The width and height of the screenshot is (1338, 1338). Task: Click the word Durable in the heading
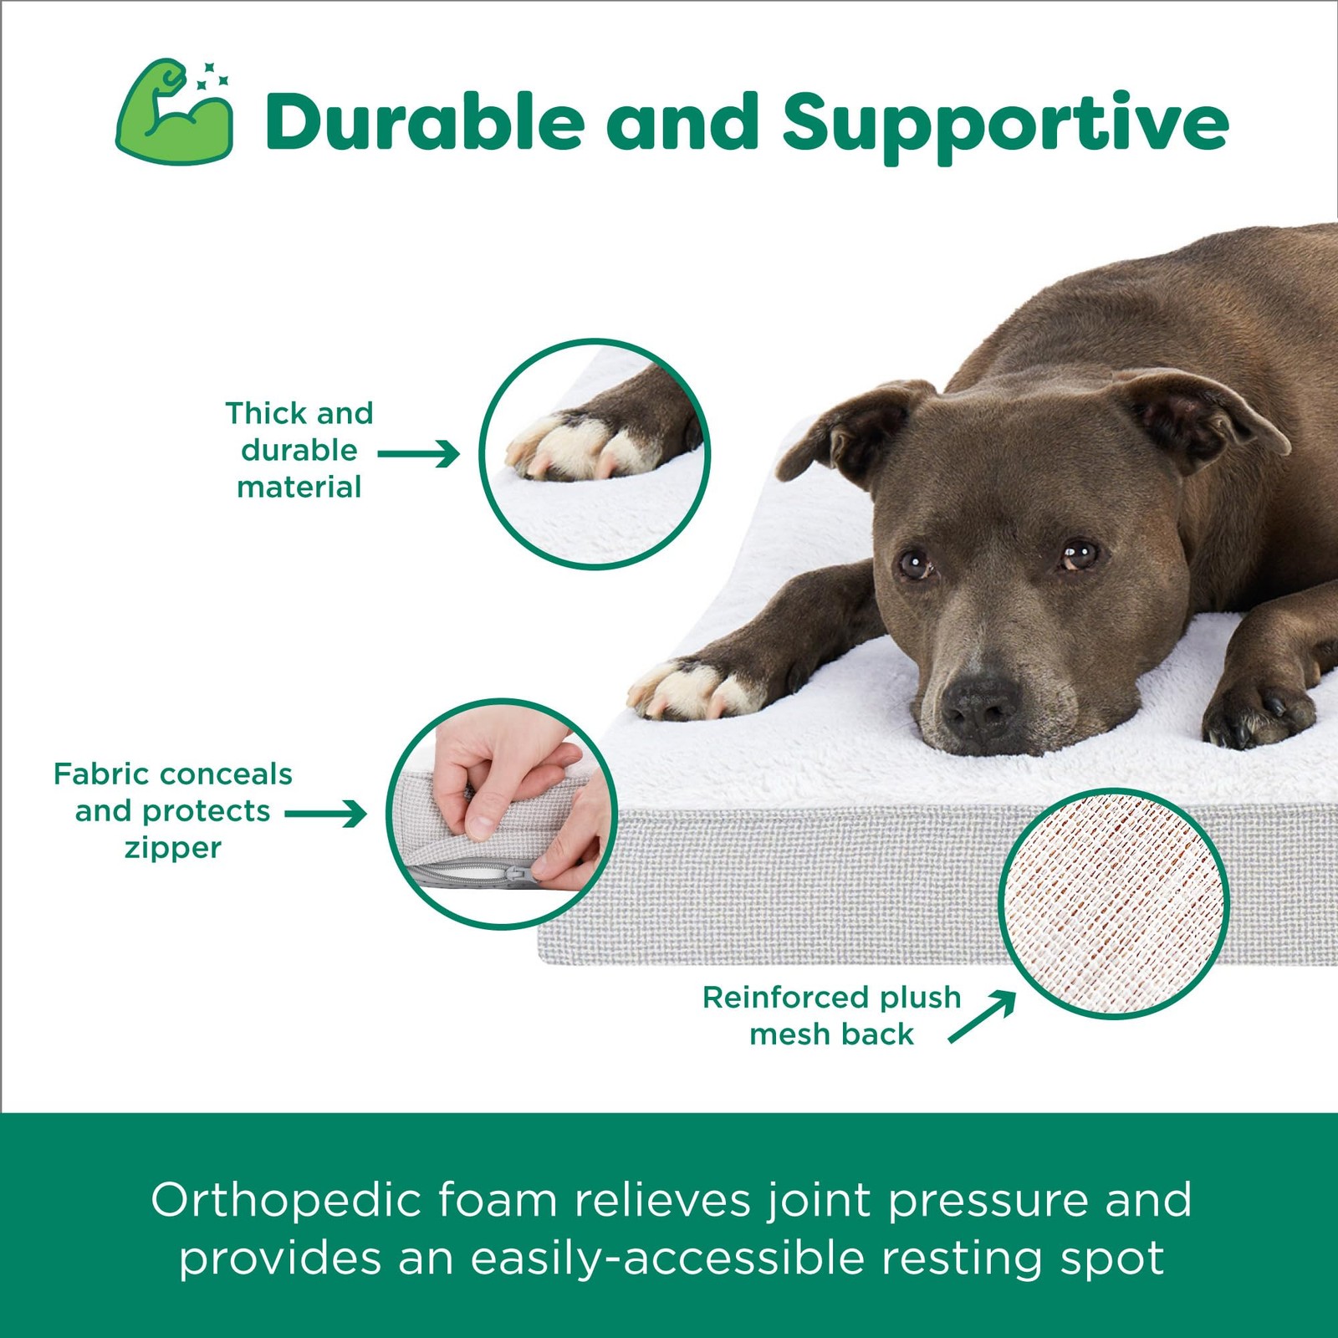(425, 122)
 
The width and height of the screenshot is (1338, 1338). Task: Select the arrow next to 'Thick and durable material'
(418, 454)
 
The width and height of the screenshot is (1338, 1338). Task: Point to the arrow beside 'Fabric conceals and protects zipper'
(325, 814)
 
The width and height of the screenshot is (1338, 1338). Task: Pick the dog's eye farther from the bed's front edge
(1079, 554)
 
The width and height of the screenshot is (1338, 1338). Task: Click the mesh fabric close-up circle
(1113, 903)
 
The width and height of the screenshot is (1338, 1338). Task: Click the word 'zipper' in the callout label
(173, 849)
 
